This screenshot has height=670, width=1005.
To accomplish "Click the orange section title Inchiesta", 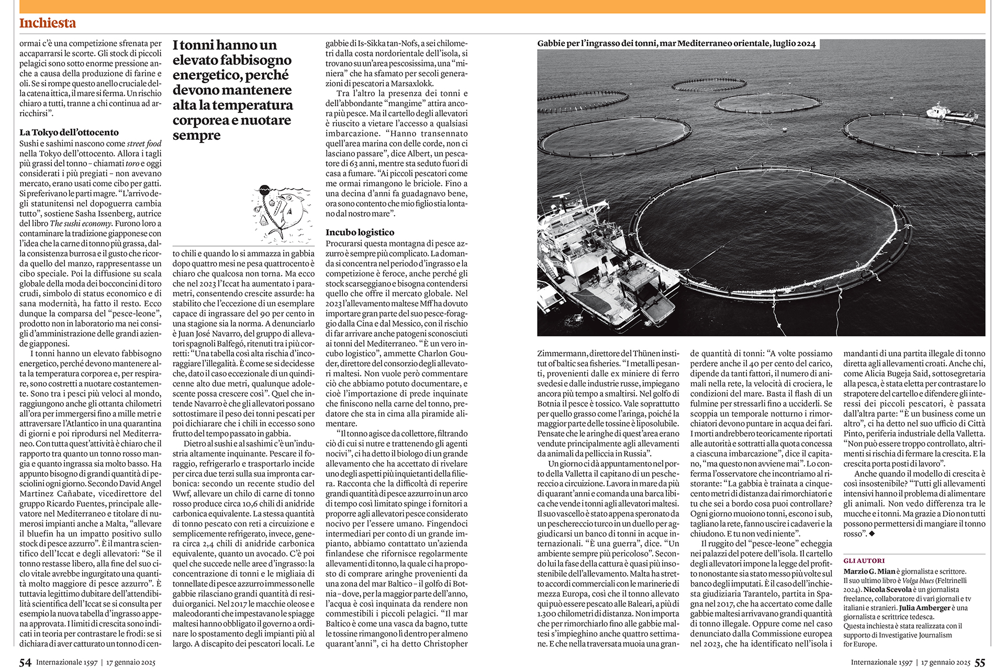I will click(48, 23).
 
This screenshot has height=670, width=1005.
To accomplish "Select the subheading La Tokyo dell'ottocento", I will click(69, 132).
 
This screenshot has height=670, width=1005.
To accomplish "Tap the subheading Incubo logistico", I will click(360, 232).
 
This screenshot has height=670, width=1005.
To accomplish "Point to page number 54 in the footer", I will click(25, 663).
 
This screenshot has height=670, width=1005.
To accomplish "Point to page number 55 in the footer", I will click(980, 663).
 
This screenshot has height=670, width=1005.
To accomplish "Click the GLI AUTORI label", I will click(864, 561).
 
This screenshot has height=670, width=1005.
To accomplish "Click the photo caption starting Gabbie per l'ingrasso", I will click(676, 43).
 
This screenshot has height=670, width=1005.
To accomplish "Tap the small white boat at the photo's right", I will click(951, 114).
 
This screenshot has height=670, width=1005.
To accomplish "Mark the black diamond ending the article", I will click(872, 534).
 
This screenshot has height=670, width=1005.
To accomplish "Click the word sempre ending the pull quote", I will click(197, 136).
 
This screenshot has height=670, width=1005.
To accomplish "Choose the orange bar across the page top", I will click(502, 6).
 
